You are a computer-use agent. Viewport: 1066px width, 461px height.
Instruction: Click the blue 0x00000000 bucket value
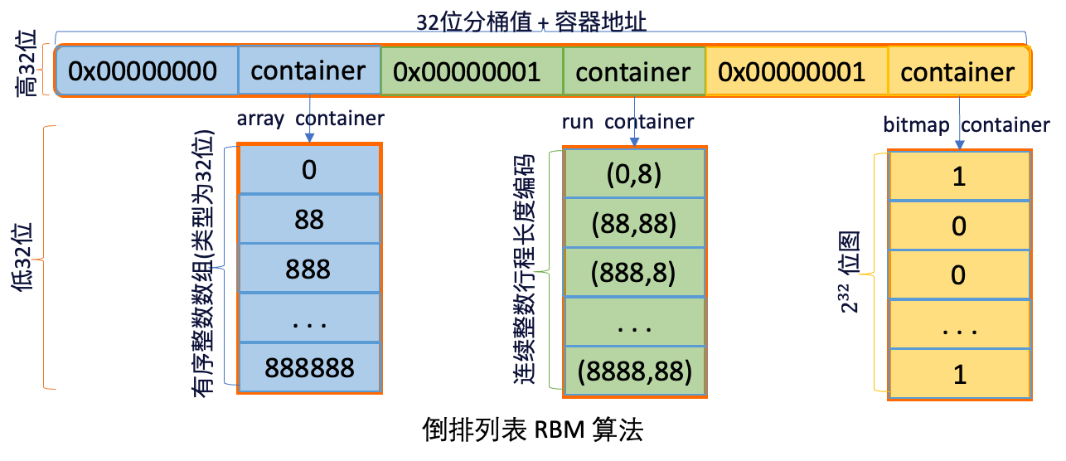tap(143, 71)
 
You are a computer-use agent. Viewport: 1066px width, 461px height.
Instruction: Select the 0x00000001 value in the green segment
tap(467, 72)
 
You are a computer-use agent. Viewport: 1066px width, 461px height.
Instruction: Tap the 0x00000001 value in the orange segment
tap(792, 72)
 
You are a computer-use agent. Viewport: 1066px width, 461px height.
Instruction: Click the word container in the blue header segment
tap(308, 71)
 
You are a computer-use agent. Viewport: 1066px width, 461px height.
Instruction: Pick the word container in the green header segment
tap(632, 72)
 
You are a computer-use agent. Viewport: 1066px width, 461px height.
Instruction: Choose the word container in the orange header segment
tap(957, 72)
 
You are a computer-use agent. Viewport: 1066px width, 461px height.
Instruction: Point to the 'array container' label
tap(310, 119)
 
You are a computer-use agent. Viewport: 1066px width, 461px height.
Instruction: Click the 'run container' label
tap(627, 122)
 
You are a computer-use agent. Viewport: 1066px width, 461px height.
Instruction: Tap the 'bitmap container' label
tap(966, 125)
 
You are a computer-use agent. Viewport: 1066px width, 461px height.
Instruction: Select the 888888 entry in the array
tap(309, 367)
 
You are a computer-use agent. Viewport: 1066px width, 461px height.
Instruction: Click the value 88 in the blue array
tap(309, 220)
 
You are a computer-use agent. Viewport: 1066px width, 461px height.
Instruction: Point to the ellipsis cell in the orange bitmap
tap(959, 329)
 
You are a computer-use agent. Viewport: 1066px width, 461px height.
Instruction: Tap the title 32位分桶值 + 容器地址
tap(531, 22)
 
